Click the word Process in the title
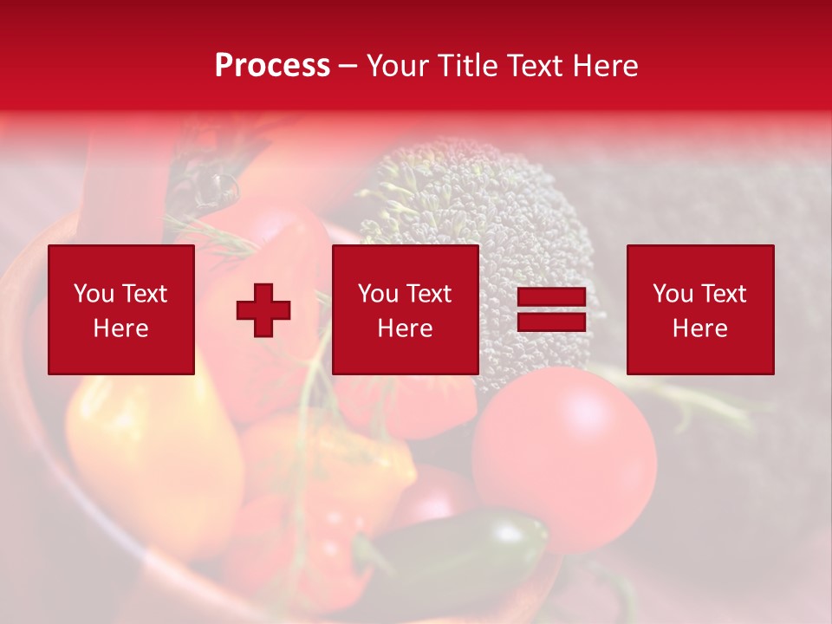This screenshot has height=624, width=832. coord(272,66)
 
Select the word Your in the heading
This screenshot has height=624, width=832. coord(398,66)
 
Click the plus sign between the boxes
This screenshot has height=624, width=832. coord(263,309)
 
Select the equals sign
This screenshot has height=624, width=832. coord(551,309)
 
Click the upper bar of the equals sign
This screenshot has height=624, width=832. coord(551,297)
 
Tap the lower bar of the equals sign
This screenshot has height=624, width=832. coord(551,322)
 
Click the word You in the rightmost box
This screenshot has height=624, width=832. coord(673,294)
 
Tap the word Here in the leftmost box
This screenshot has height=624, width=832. coord(120,328)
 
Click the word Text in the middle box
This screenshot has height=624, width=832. coord(429,294)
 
